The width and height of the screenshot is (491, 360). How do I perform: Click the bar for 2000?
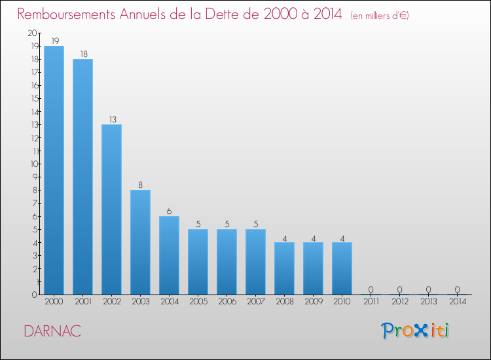tap(54, 170)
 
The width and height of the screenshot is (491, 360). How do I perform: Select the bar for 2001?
tap(82, 177)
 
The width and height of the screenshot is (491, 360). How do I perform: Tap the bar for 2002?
tap(111, 209)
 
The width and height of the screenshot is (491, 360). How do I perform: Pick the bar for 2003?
tap(140, 242)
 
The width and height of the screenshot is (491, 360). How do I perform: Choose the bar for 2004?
tap(169, 255)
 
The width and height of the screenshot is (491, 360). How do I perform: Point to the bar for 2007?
tap(255, 262)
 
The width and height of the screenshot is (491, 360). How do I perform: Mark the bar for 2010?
tap(342, 268)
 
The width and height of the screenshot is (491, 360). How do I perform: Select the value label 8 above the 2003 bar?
tap(140, 185)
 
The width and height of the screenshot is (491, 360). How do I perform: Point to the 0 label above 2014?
tap(457, 289)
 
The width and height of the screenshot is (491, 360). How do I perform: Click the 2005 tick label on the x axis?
tap(198, 302)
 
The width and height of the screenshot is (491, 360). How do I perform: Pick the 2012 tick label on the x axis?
tap(399, 302)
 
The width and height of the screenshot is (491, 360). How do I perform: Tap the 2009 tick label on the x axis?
tap(313, 302)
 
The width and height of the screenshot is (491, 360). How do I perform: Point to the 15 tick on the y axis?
tap(33, 98)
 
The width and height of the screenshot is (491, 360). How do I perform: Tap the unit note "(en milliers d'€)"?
tap(380, 15)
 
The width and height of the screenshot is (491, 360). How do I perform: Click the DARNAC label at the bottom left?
tap(52, 331)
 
